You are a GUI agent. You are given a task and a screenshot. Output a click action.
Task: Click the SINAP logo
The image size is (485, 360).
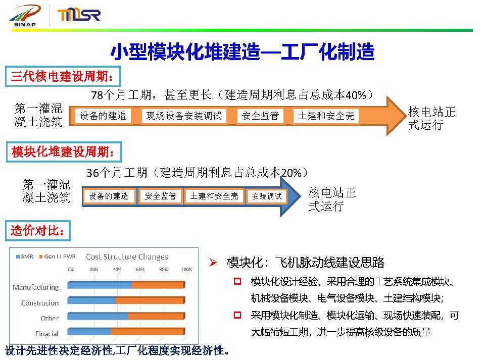click(x=25, y=16)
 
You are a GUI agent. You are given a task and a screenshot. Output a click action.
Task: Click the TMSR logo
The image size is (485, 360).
click(x=79, y=15)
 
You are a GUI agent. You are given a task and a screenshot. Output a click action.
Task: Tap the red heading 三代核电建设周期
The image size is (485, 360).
click(x=63, y=76)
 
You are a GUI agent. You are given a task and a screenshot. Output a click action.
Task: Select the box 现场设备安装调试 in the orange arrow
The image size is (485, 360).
click(x=184, y=116)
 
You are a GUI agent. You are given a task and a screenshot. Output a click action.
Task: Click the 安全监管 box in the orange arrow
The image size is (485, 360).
click(x=261, y=116)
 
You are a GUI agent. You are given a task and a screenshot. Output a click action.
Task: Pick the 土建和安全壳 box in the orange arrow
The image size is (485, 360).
click(x=326, y=116)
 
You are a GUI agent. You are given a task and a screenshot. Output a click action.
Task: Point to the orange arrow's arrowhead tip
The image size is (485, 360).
click(x=406, y=116)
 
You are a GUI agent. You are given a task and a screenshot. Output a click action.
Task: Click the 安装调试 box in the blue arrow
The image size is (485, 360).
click(x=267, y=196)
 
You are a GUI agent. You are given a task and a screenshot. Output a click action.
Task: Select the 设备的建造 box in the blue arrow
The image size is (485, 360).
click(x=109, y=196)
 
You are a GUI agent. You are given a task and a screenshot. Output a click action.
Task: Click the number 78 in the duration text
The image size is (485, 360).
click(x=97, y=95)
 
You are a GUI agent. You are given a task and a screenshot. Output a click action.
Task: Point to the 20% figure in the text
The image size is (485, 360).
click(x=291, y=173)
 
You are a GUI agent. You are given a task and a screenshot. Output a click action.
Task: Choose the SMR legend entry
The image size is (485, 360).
click(x=24, y=256)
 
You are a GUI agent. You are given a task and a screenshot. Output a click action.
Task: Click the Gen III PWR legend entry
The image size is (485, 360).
click(x=58, y=256)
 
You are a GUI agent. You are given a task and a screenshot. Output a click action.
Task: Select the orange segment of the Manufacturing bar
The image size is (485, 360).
click(x=158, y=285)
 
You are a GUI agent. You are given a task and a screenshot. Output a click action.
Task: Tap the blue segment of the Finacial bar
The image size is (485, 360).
click(x=89, y=332)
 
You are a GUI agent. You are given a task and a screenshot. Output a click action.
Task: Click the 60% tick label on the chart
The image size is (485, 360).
click(x=140, y=270)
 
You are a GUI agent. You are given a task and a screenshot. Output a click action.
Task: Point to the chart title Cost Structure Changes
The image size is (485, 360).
click(x=127, y=257)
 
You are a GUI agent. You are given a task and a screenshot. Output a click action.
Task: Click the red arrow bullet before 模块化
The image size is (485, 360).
click(x=213, y=263)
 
